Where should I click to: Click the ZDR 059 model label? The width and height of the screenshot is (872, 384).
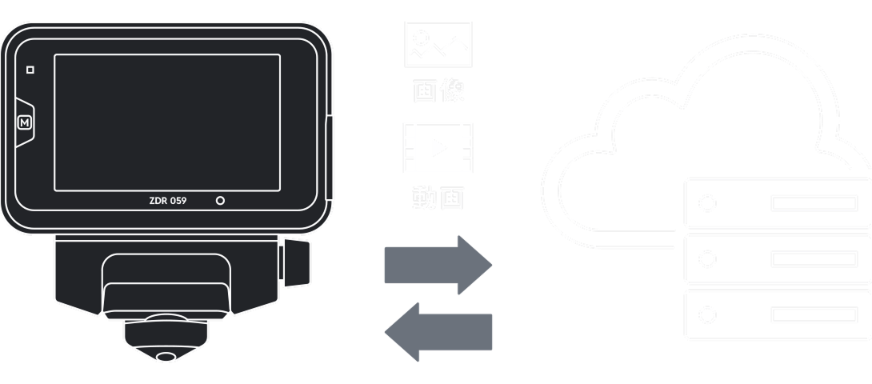168,201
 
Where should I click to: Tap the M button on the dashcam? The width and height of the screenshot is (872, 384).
26,123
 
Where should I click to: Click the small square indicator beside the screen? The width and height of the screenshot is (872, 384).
30,70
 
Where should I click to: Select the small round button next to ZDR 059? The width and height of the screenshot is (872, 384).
220,201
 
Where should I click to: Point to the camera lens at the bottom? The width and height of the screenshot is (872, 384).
166,356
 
